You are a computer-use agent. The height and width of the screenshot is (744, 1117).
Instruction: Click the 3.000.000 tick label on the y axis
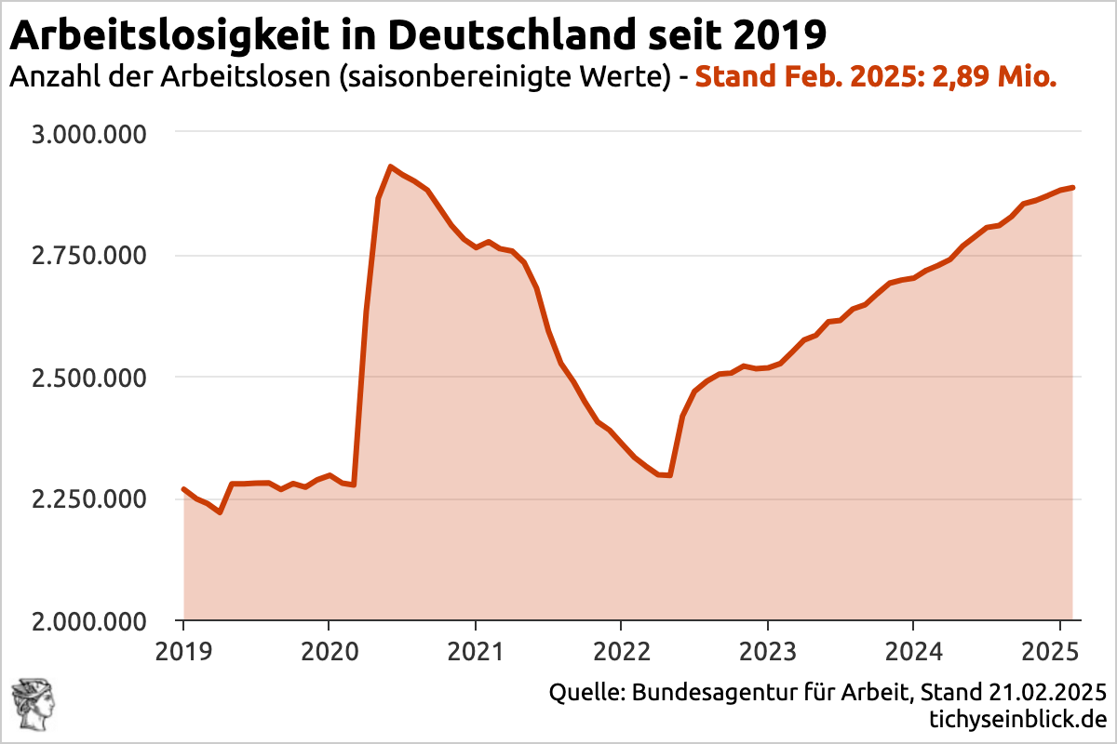pos(89,134)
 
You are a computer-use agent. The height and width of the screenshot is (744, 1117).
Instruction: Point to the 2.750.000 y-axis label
pos(89,256)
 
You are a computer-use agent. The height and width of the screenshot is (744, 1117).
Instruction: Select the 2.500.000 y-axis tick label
pos(89,378)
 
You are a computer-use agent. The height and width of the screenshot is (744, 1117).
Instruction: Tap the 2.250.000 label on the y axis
pos(89,499)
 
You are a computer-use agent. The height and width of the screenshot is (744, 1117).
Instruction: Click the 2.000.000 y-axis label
pos(89,621)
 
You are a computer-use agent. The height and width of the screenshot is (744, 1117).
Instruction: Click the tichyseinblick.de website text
pos(1016,720)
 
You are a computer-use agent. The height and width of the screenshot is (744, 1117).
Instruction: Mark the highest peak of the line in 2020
pos(390,167)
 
